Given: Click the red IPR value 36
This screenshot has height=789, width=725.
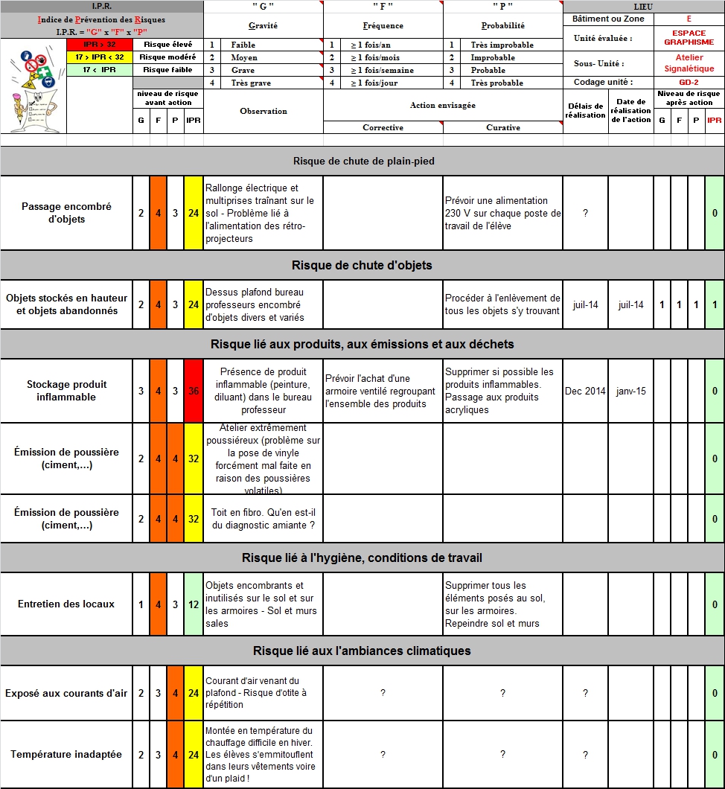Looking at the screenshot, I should pyautogui.click(x=194, y=391).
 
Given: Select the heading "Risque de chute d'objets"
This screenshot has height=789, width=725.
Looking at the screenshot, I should pyautogui.click(x=362, y=265).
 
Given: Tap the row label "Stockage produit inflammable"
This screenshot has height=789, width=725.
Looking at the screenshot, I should pyautogui.click(x=67, y=391).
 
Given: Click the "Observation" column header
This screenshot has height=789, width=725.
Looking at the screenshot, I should pyautogui.click(x=264, y=111).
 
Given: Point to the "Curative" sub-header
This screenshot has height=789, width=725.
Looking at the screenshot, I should pyautogui.click(x=503, y=127).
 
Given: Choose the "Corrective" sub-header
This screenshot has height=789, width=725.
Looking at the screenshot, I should pyautogui.click(x=383, y=127).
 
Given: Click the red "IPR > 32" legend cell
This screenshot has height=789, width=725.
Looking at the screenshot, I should pyautogui.click(x=99, y=45).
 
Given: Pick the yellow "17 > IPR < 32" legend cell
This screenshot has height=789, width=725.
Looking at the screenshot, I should pyautogui.click(x=99, y=57).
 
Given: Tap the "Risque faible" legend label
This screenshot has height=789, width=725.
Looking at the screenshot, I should pyautogui.click(x=167, y=70).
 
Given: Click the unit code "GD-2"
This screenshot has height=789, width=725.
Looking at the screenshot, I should pyautogui.click(x=689, y=82).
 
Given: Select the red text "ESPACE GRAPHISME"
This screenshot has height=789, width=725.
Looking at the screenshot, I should pyautogui.click(x=689, y=38).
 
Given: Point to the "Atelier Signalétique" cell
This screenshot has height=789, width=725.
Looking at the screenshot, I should pyautogui.click(x=689, y=63).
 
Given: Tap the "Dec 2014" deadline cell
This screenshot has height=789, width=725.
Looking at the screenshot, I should pyautogui.click(x=585, y=391).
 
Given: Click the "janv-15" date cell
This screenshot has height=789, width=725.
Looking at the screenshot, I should pyautogui.click(x=630, y=391).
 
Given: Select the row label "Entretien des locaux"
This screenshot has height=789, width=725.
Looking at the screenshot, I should pyautogui.click(x=67, y=604).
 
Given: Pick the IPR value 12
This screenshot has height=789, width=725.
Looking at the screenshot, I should pyautogui.click(x=194, y=604).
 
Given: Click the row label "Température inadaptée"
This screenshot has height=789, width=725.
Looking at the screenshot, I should pyautogui.click(x=67, y=754).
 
